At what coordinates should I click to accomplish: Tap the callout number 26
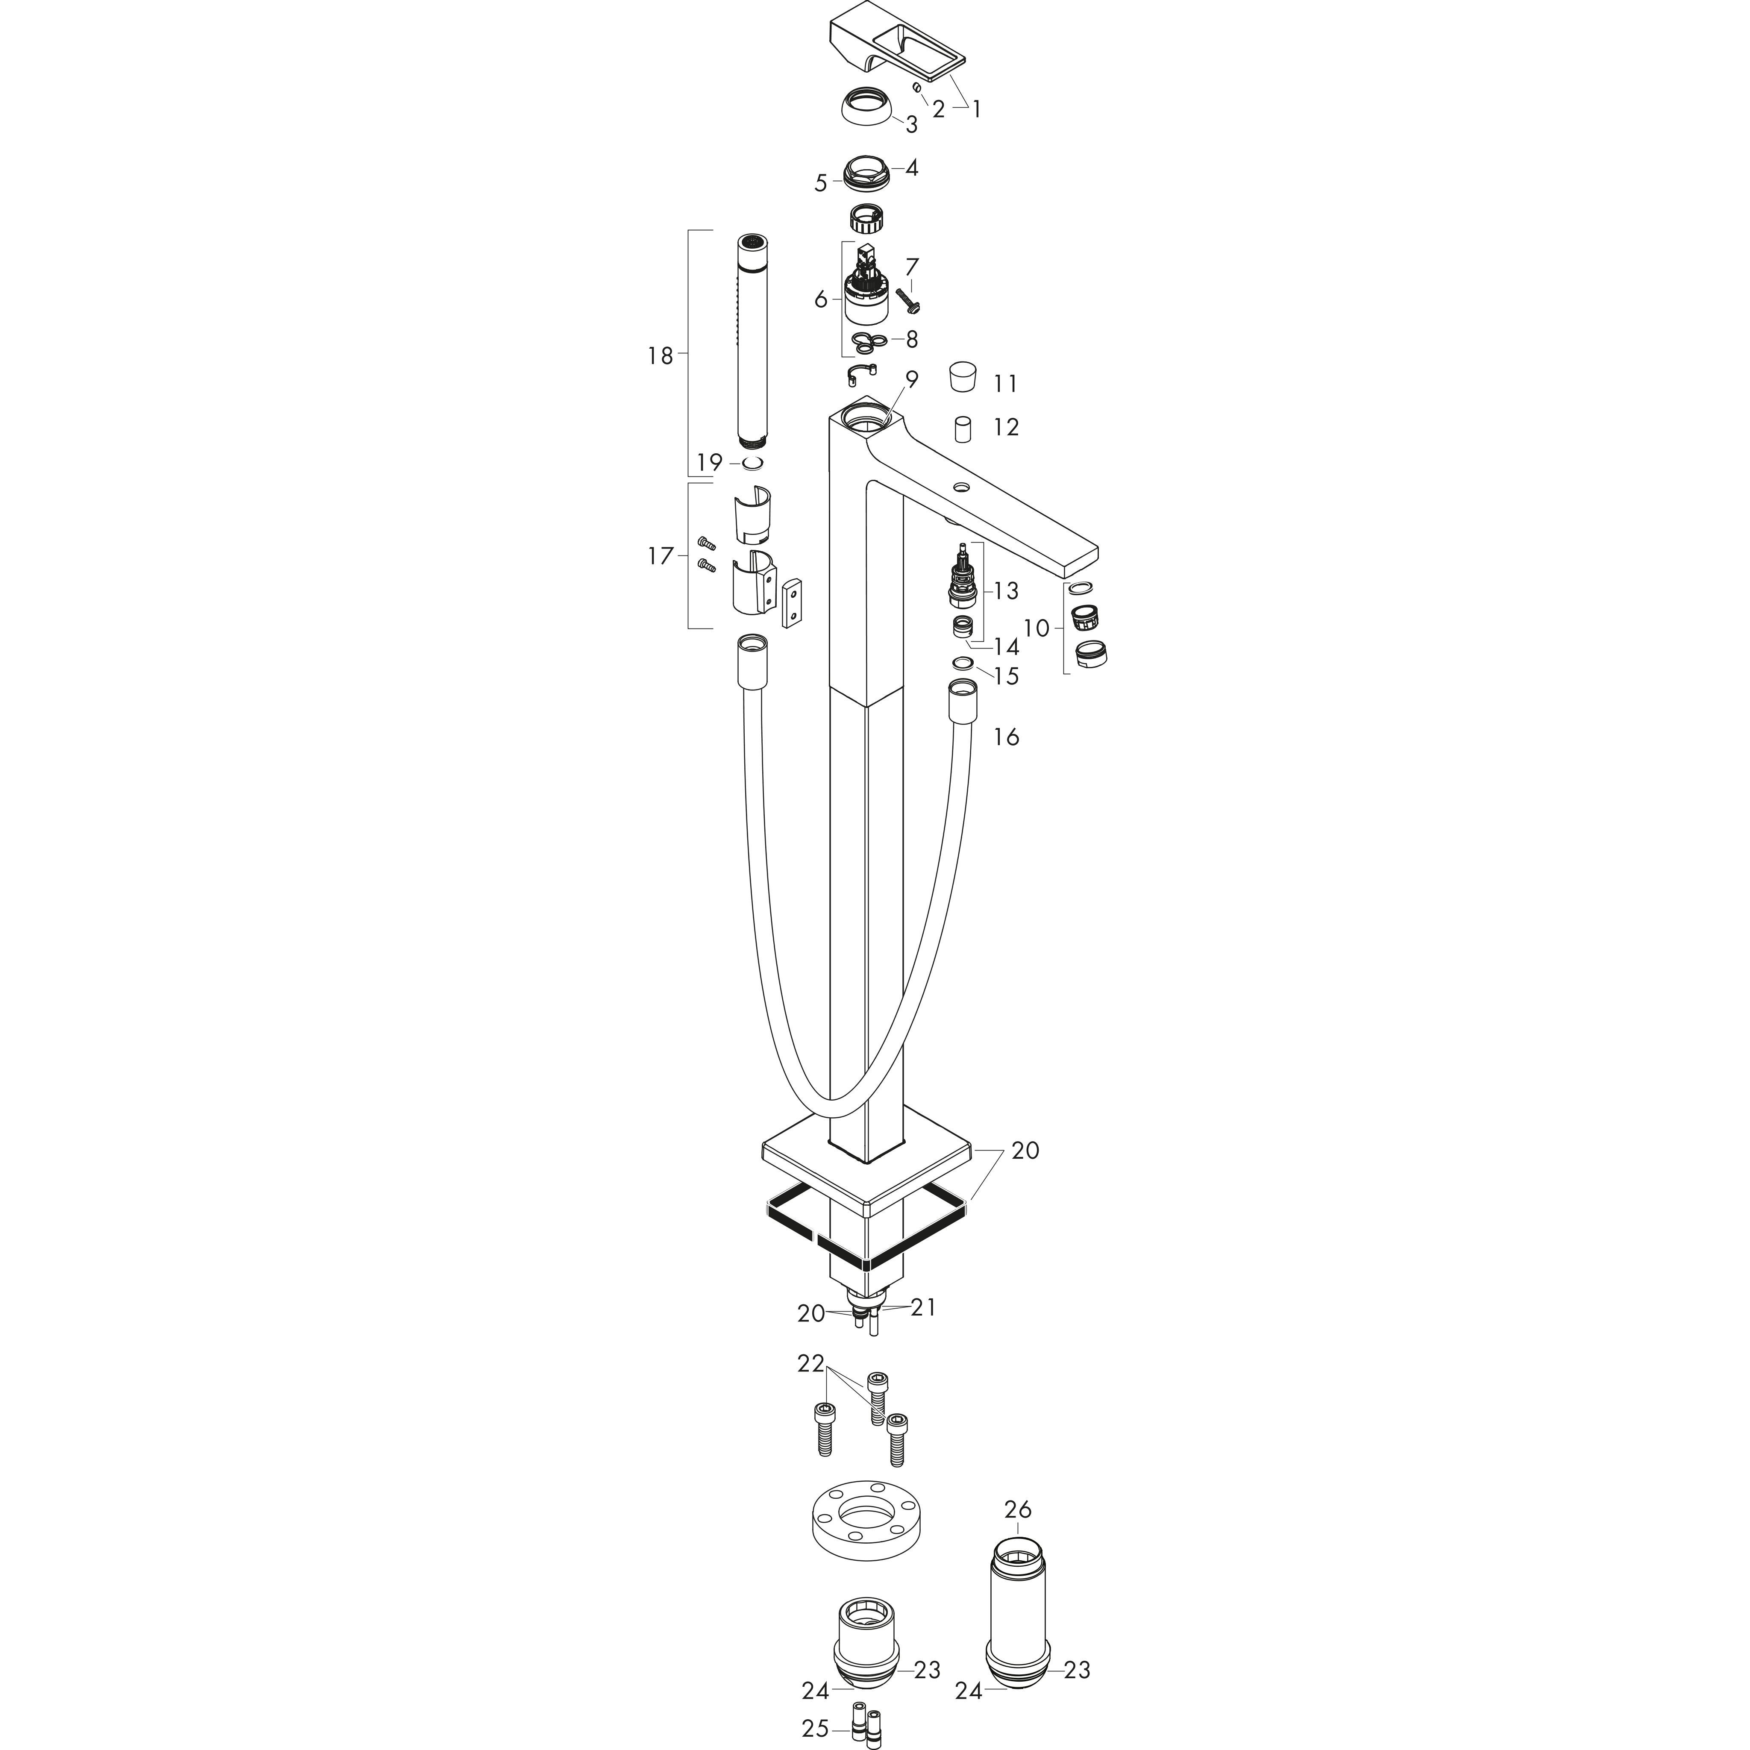point(1018,1509)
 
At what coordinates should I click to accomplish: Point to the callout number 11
point(1005,384)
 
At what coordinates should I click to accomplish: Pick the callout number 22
point(812,1389)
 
